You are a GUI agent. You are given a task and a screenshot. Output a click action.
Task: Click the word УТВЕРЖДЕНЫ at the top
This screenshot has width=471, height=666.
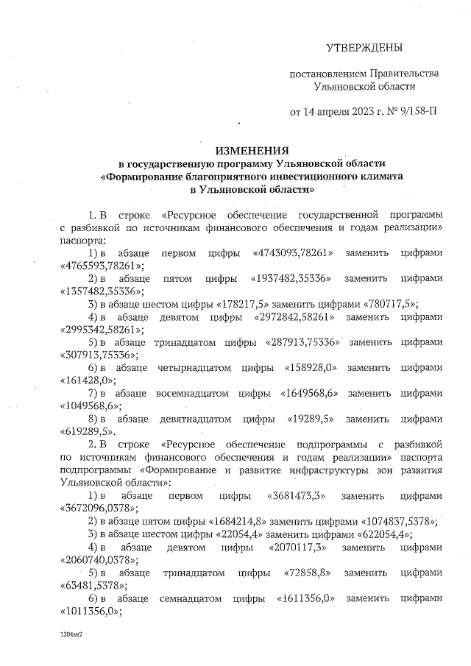click(x=364, y=49)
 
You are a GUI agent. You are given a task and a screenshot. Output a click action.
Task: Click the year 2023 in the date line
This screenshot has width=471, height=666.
click(x=366, y=112)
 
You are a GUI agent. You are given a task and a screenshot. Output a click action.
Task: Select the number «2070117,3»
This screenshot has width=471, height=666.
click(x=298, y=548)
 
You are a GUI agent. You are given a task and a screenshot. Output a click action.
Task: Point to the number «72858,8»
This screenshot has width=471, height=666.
click(x=299, y=573)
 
